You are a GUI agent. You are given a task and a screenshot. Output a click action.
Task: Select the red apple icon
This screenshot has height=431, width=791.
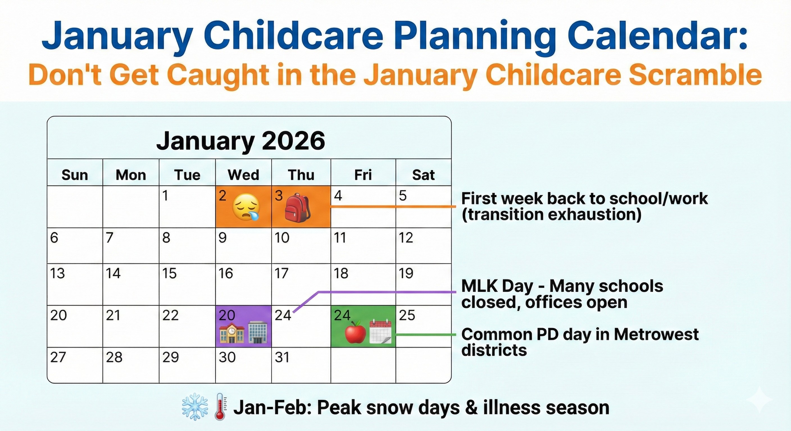pos(355,332)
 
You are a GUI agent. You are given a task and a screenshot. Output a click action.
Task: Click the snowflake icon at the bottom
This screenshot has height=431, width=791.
pos(195,407)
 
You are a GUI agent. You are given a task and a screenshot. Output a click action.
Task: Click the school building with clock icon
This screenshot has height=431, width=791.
pos(231,332)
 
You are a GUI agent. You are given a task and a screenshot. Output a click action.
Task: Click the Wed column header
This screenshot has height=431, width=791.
pos(243,175)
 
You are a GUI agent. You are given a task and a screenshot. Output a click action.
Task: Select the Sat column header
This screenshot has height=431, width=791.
pos(423,175)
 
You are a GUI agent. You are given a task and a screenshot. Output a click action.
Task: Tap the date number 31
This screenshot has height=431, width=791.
pos(282,357)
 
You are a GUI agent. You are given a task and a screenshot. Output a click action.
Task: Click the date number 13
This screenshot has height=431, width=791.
pos(58,273)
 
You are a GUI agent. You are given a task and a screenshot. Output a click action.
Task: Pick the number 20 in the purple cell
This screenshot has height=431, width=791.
pos(227,315)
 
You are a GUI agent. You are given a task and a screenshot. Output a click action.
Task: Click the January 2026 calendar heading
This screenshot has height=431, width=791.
pos(240,141)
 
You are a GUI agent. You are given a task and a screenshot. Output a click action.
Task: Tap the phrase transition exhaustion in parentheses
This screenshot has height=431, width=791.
pos(551,214)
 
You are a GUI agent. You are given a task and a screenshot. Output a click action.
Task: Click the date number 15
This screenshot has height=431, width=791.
pos(169,273)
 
